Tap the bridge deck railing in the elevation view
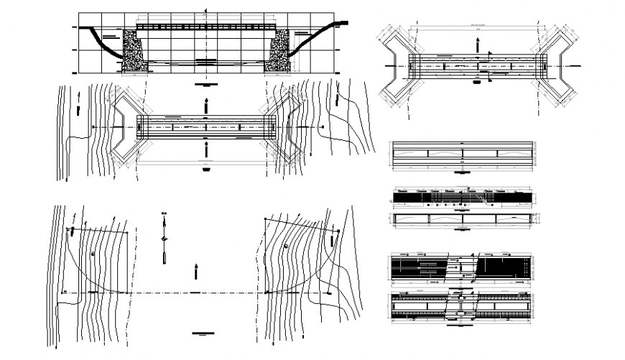click(x=206, y=26)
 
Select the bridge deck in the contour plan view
click(x=206, y=126)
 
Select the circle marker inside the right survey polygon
click(x=286, y=246)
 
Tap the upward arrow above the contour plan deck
click(x=206, y=105)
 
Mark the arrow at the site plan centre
click(x=195, y=270)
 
